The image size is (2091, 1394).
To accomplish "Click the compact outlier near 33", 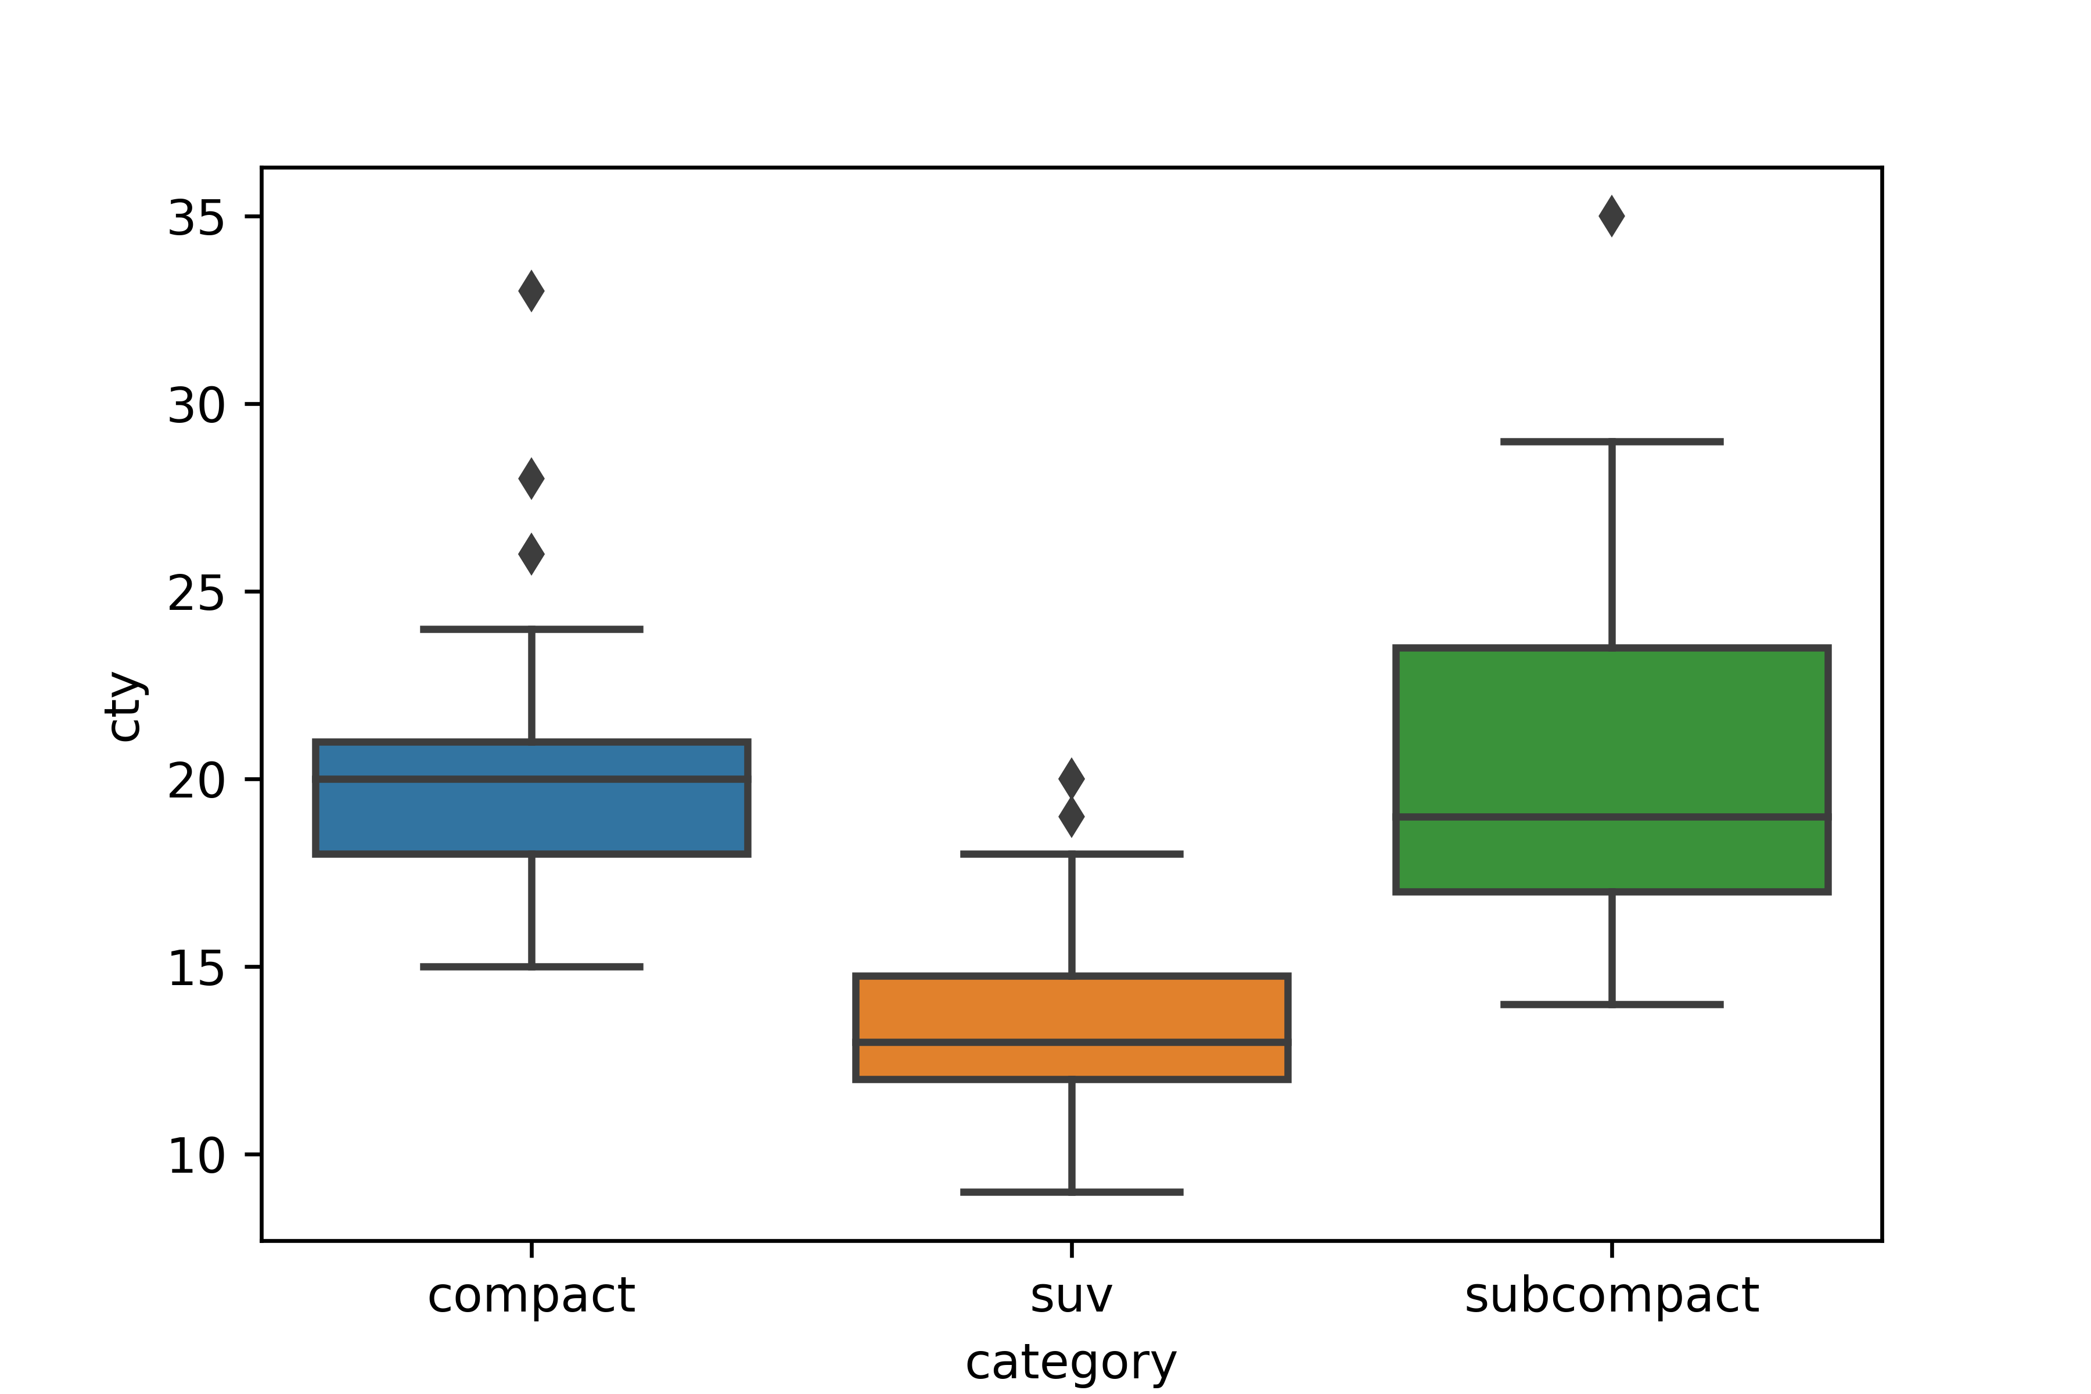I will click(x=531, y=292).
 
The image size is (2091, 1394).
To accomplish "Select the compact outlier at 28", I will click(x=531, y=479).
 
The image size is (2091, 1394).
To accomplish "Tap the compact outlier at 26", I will click(x=531, y=555).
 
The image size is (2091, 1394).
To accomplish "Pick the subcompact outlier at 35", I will click(x=1612, y=217).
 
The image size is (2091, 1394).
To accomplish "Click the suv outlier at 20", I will click(x=1071, y=779).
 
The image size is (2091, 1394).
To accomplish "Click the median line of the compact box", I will click(x=531, y=779).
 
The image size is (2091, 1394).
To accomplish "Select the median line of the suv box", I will click(x=1071, y=1042).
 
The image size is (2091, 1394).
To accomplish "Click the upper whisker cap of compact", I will click(x=531, y=630).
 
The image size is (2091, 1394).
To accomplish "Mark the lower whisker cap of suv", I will click(x=1071, y=1192).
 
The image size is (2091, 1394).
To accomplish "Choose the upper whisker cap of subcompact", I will click(x=1612, y=442).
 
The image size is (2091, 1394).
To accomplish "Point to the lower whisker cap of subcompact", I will click(x=1612, y=1005).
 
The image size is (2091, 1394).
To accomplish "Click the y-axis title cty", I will click(x=124, y=707).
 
